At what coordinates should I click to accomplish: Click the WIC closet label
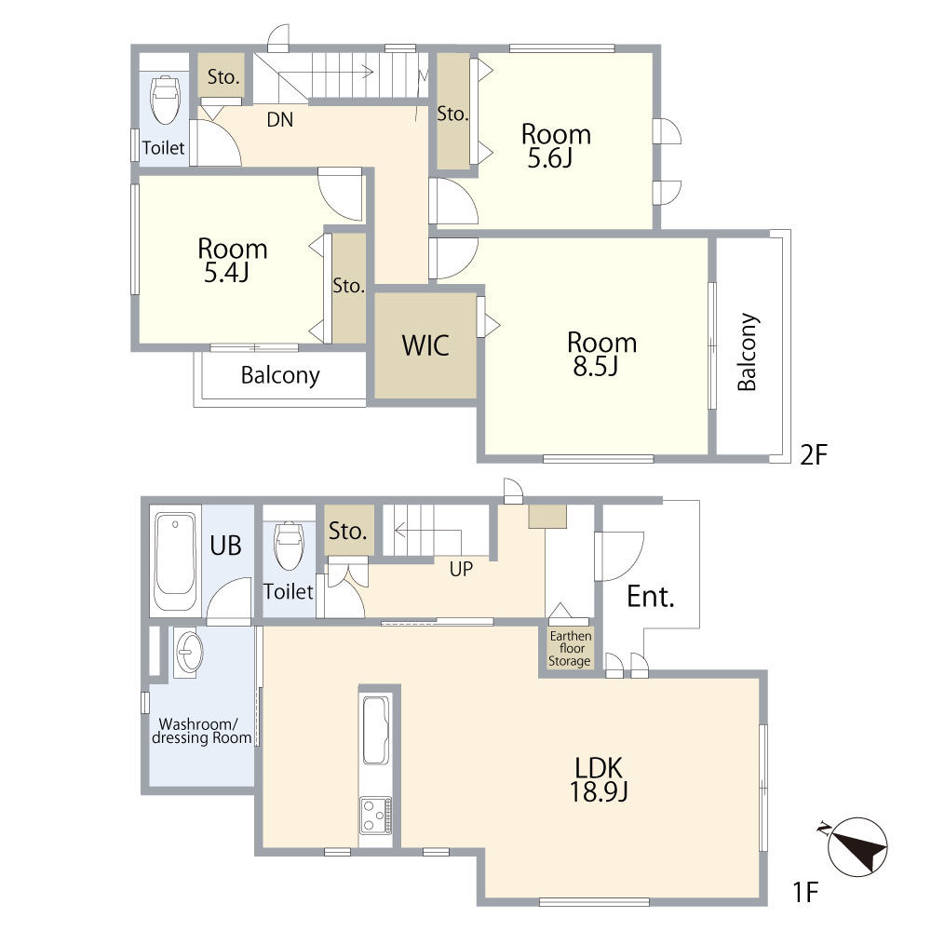tap(425, 345)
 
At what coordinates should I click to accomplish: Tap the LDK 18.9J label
tap(599, 779)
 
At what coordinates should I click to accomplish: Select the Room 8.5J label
tap(601, 354)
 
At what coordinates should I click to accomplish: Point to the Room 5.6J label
tap(556, 146)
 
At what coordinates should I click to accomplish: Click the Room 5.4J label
tap(232, 260)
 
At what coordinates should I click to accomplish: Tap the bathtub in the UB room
tap(175, 561)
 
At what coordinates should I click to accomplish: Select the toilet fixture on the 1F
tap(290, 546)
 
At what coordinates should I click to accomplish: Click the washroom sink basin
tap(189, 652)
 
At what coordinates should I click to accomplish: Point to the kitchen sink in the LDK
tap(376, 730)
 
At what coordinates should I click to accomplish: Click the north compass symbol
tap(857, 847)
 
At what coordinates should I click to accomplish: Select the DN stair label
tap(279, 120)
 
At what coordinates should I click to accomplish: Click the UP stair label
tap(461, 569)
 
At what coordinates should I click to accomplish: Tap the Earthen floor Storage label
tap(570, 648)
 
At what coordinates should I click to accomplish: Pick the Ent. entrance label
tap(651, 597)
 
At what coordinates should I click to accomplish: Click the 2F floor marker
tap(814, 455)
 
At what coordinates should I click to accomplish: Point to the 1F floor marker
tap(805, 892)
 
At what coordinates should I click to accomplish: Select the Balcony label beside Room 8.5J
tap(748, 352)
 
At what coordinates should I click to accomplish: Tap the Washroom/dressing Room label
tap(201, 731)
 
